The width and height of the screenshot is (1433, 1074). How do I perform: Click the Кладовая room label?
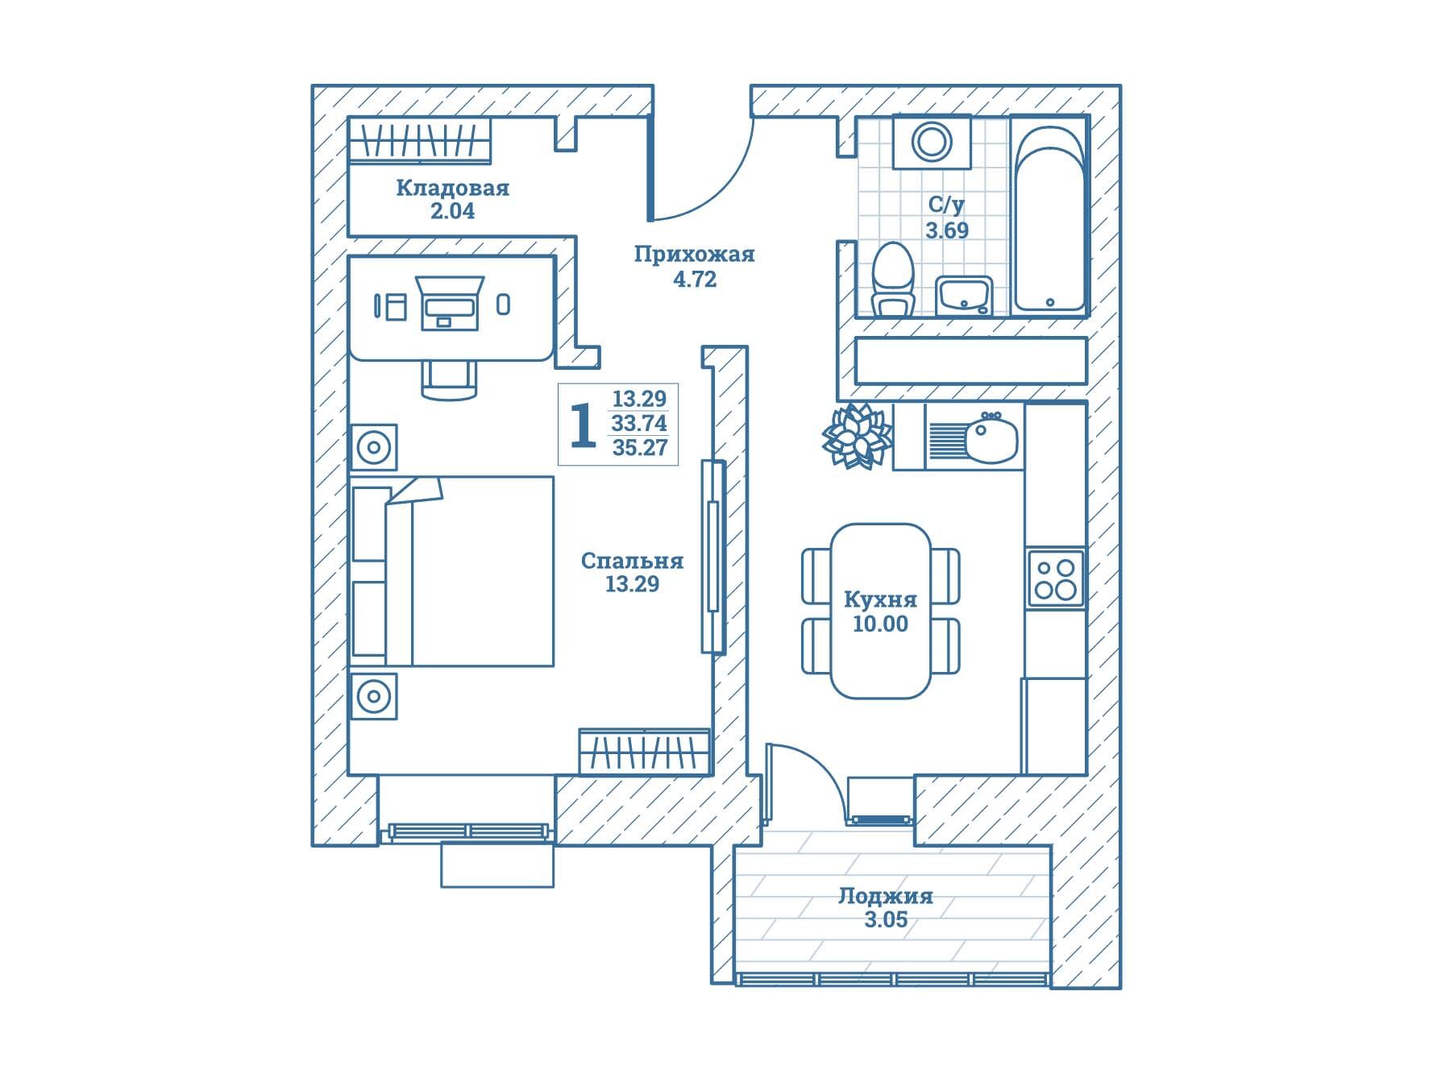pos(452,188)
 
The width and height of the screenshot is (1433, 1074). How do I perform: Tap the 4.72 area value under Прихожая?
pos(694,280)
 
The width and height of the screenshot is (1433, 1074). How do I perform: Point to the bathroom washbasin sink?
pos(965,295)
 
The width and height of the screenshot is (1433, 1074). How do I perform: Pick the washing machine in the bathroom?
pos(932,142)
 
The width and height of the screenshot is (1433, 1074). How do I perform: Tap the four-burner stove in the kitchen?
pos(1055,578)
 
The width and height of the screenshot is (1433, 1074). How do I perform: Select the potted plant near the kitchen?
pos(857,436)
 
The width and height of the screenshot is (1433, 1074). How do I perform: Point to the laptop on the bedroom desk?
pos(450,303)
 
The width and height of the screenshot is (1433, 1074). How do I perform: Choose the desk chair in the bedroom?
pos(449,378)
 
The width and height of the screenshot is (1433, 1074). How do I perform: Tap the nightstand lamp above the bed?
pos(374,447)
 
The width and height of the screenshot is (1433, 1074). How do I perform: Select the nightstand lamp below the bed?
pos(374,695)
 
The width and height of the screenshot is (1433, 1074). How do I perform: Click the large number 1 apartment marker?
pos(582,425)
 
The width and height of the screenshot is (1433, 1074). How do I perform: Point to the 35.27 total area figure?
pos(640,448)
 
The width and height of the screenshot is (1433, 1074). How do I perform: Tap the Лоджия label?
pos(885,896)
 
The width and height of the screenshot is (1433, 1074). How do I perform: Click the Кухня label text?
pos(880,599)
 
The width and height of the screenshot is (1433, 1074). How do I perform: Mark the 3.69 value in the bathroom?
pos(946,230)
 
